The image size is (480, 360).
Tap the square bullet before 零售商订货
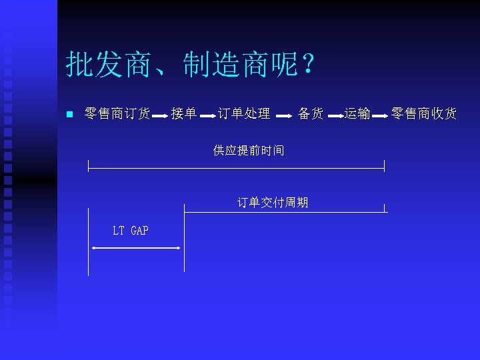pyautogui.click(x=69, y=114)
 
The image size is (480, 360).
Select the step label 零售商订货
pyautogui.click(x=117, y=114)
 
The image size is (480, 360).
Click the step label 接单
pyautogui.click(x=183, y=114)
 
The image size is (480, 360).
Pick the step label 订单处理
pyautogui.click(x=244, y=114)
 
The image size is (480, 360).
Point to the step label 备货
pyautogui.click(x=311, y=114)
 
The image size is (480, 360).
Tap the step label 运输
pyautogui.click(x=357, y=114)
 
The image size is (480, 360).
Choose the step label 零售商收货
pyautogui.click(x=424, y=114)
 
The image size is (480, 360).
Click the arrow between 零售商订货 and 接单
pyautogui.click(x=160, y=117)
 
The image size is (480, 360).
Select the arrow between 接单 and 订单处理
pyautogui.click(x=207, y=117)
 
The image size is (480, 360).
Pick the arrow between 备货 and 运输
pyautogui.click(x=335, y=117)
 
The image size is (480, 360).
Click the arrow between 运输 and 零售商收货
pyautogui.click(x=379, y=117)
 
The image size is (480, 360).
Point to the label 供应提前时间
pyautogui.click(x=249, y=151)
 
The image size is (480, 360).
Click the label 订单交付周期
pyautogui.click(x=273, y=202)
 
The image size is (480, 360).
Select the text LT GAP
pyautogui.click(x=131, y=231)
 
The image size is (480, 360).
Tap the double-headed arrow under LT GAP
pyautogui.click(x=136, y=248)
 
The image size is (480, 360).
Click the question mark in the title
pyautogui.click(x=309, y=65)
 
